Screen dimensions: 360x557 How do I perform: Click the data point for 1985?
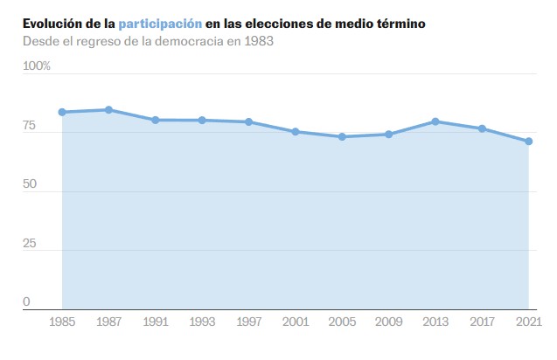tap(62, 112)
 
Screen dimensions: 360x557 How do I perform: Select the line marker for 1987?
tap(108, 109)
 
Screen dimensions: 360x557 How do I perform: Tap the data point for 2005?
tap(342, 136)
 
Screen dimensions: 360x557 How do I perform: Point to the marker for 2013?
tap(435, 121)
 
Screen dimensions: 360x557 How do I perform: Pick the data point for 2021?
tap(528, 142)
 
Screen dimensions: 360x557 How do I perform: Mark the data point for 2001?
tap(296, 131)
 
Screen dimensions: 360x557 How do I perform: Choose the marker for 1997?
tap(248, 121)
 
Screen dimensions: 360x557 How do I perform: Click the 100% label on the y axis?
tap(37, 66)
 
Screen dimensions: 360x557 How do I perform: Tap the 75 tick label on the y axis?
tap(31, 126)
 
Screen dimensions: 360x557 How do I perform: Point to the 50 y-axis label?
tap(31, 184)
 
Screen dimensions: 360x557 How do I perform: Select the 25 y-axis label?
tap(31, 243)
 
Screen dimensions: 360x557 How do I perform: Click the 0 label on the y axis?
tap(26, 301)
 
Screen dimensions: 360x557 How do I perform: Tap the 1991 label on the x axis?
tap(155, 322)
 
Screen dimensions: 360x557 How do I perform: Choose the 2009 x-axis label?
tap(388, 322)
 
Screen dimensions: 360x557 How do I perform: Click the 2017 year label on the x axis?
tap(482, 322)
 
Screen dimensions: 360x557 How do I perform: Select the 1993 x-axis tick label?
tap(202, 322)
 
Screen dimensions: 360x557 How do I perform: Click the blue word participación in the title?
tap(160, 24)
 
